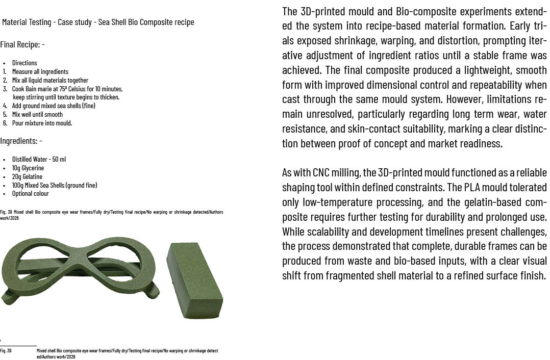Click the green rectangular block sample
click(195, 274)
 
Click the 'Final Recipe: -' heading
click(22, 45)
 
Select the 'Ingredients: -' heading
click(21, 141)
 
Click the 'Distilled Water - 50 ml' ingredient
click(39, 159)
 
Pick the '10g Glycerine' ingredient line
click(28, 168)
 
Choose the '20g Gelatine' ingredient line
click(27, 176)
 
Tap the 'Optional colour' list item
click(31, 194)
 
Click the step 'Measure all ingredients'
click(40, 71)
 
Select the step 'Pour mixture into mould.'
click(42, 123)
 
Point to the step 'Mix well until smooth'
click(37, 114)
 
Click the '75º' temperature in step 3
click(63, 89)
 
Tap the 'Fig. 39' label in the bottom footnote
click(6, 351)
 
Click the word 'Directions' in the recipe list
click(24, 63)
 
